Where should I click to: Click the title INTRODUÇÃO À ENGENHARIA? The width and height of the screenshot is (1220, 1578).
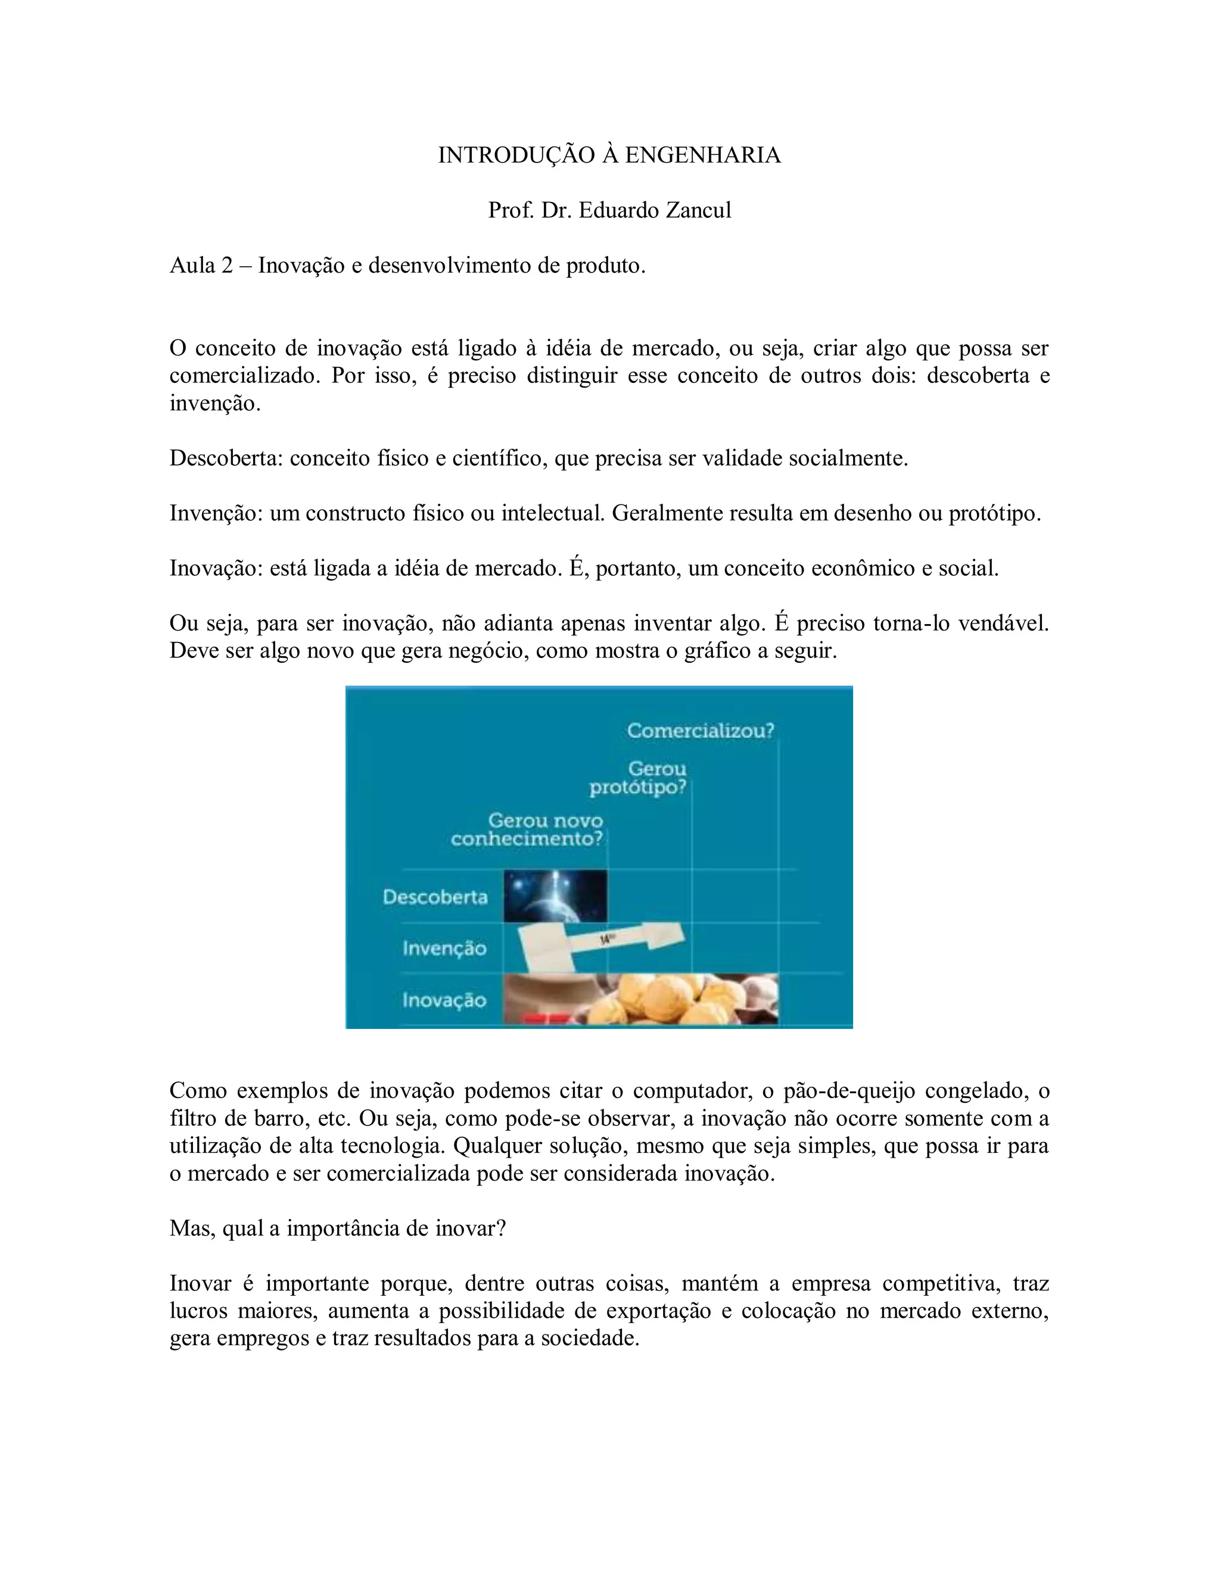click(x=609, y=155)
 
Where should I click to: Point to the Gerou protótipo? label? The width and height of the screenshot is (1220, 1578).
click(x=638, y=778)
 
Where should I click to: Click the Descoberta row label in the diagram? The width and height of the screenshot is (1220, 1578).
click(x=435, y=897)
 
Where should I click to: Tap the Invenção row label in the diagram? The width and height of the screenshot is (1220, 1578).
click(x=444, y=948)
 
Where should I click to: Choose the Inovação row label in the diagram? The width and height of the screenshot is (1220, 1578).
click(x=444, y=1000)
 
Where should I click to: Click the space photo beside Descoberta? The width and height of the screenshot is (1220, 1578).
click(x=555, y=896)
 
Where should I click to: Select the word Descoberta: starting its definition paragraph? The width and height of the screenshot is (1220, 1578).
click(x=226, y=458)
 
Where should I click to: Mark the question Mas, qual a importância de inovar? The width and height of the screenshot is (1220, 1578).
click(x=338, y=1228)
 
